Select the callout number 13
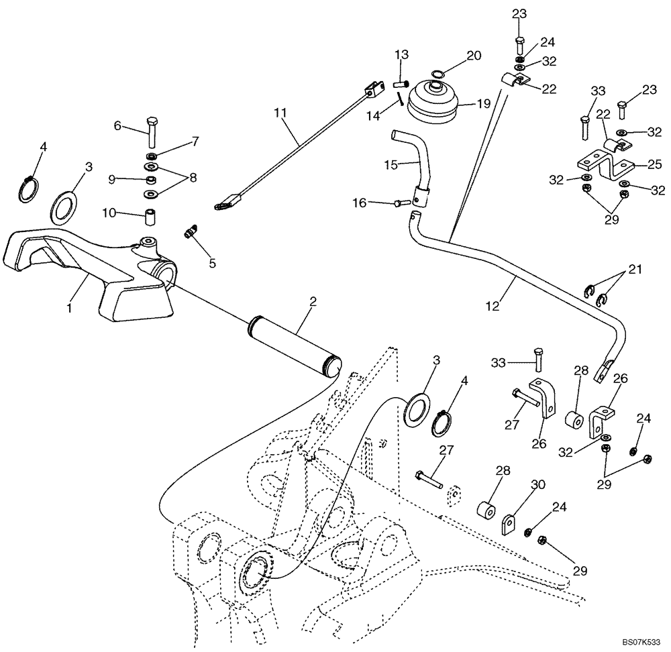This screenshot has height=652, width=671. [401, 54]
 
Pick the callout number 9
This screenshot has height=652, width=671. [113, 178]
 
